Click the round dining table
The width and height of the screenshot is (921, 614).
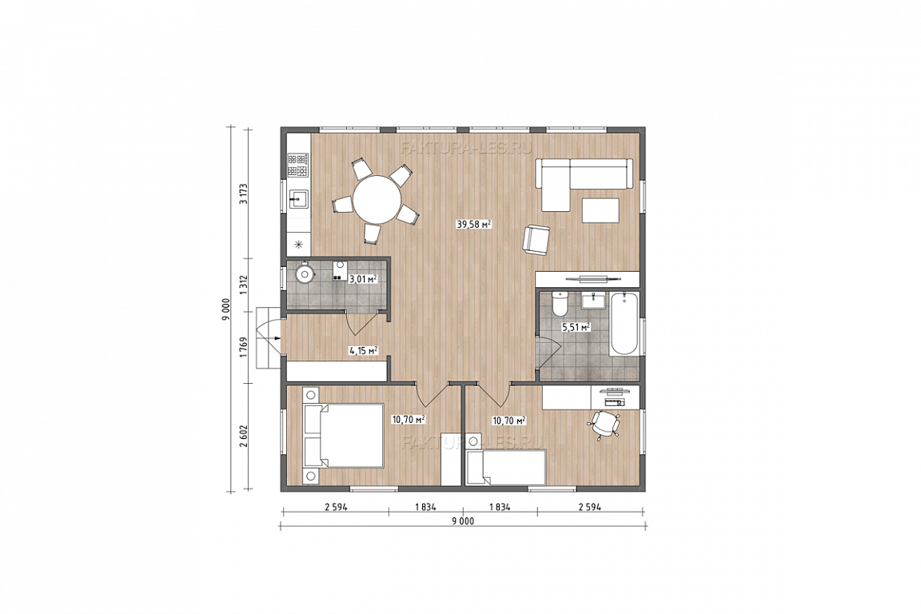377,198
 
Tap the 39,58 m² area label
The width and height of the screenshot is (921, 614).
473,224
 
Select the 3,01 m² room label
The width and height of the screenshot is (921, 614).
363,279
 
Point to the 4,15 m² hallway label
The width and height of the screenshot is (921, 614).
363,351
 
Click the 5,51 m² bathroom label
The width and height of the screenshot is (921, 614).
576,327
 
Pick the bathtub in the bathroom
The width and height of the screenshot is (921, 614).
624,324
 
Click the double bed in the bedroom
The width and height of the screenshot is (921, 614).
343,436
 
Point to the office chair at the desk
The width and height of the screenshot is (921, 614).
605,425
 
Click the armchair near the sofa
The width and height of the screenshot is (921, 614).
537,240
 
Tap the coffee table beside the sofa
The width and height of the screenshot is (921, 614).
600,210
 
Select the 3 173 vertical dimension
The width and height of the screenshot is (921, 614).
244,194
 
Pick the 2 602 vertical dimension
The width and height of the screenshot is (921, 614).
244,437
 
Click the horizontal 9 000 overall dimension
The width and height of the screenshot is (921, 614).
463,520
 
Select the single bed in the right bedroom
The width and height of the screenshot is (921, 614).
506,468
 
